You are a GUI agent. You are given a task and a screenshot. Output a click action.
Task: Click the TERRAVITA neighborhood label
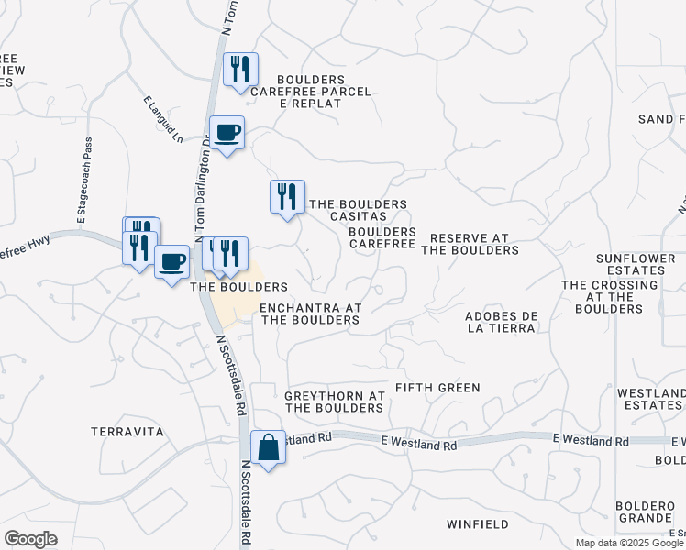tap(127, 431)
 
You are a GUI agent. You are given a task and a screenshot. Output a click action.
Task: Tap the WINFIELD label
tap(477, 524)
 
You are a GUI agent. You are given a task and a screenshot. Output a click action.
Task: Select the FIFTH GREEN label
tap(437, 388)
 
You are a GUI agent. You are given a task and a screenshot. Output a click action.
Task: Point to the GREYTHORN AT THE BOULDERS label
tap(334, 401)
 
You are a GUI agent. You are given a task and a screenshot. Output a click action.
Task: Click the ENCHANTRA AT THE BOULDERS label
tap(310, 314)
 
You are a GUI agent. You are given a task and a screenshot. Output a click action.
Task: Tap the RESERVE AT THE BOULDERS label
tap(474, 244)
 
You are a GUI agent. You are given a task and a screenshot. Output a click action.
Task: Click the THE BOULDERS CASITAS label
tap(358, 210)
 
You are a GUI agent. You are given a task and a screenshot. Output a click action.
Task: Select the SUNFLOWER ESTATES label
tap(629, 265)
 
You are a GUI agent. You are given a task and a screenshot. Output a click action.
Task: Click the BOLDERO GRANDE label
tap(646, 511)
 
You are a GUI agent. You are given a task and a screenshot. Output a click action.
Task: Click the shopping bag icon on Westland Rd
tap(268, 448)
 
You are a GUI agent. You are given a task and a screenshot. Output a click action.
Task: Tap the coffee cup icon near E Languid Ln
tap(227, 133)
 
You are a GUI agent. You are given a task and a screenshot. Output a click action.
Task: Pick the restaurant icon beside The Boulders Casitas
tap(287, 197)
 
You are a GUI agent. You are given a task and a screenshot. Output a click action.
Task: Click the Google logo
tap(30, 539)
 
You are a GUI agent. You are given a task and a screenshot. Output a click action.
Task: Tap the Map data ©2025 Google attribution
tap(628, 543)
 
